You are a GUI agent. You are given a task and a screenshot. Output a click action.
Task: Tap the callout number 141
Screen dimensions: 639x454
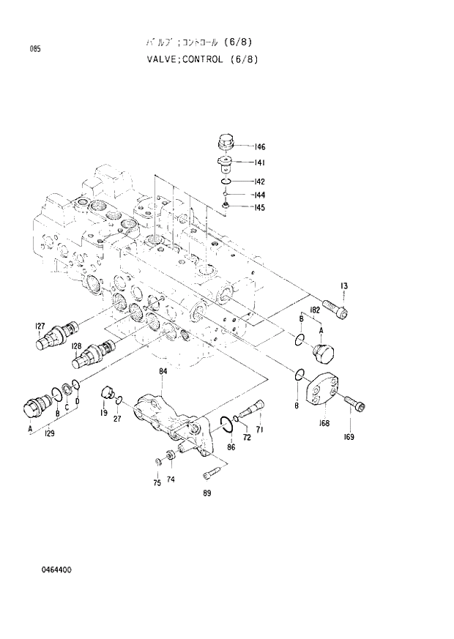tap(259, 162)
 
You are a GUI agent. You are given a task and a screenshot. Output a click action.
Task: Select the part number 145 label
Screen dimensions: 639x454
tap(259, 208)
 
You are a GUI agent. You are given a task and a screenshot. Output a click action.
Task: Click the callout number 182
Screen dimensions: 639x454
tap(315, 310)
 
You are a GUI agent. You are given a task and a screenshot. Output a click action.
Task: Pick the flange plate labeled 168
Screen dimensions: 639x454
tap(325, 392)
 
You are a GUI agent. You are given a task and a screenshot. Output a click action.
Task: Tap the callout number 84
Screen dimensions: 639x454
tap(163, 372)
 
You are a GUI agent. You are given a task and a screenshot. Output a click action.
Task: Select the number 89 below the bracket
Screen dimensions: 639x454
tap(207, 493)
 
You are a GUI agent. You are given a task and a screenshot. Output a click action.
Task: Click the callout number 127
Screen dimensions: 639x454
tap(40, 326)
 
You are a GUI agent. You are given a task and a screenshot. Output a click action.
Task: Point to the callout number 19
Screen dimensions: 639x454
tap(104, 414)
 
